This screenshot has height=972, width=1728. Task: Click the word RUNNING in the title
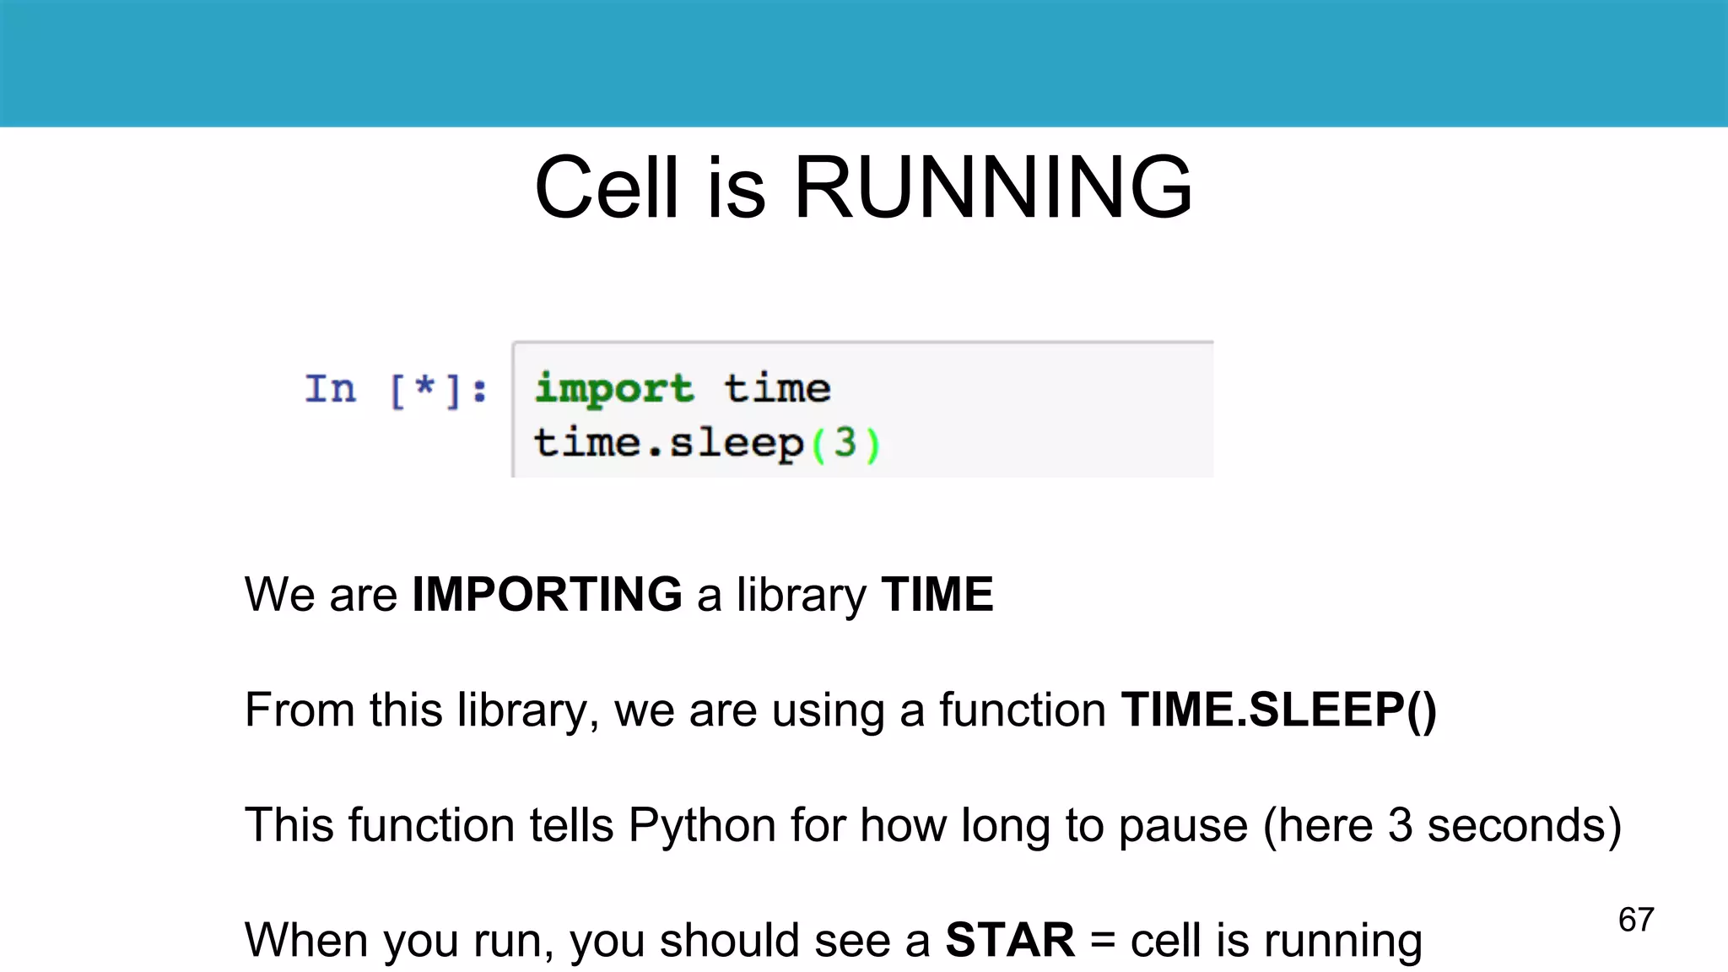[x=993, y=187]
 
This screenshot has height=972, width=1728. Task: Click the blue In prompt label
[x=331, y=390]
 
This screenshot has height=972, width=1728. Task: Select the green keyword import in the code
[x=614, y=389]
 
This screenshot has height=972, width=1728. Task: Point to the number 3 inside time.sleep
[x=845, y=443]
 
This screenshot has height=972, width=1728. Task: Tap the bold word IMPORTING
[x=547, y=594]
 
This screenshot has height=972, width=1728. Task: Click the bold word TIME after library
[x=937, y=594]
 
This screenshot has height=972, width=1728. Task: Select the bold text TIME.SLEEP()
[x=1278, y=710]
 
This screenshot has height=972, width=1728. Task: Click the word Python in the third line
[x=702, y=825]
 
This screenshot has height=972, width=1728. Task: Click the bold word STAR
[x=1010, y=940]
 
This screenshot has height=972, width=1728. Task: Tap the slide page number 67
[x=1636, y=920]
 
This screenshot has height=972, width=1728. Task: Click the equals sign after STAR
[x=1103, y=941]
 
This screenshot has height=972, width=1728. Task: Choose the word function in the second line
[x=1022, y=710]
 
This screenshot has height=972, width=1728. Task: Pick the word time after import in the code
[x=777, y=389]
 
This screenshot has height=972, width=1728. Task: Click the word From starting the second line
[x=299, y=710]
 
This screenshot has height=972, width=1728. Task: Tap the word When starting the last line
[x=307, y=940]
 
